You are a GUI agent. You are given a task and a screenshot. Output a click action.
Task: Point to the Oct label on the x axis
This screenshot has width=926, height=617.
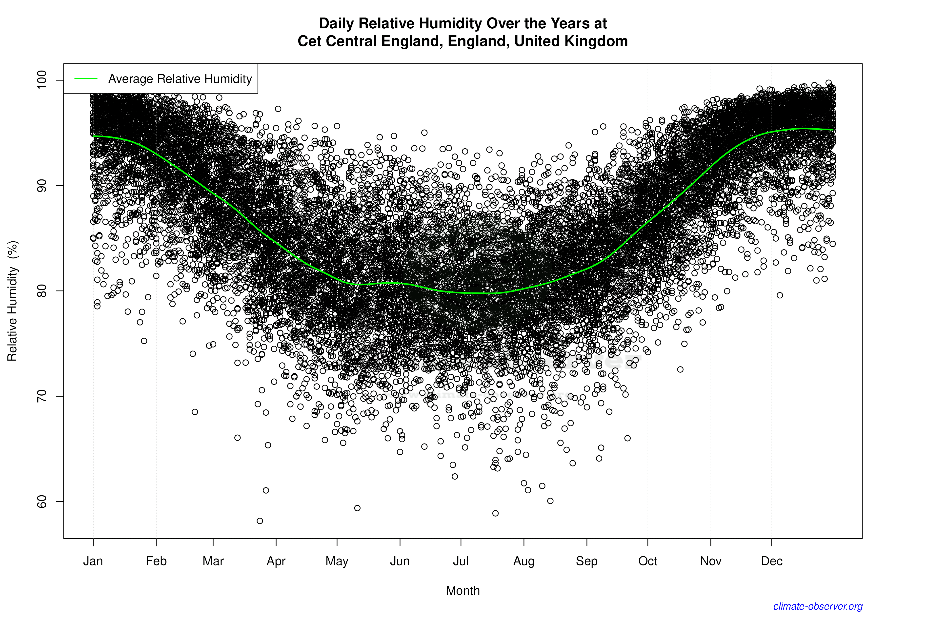[648, 561]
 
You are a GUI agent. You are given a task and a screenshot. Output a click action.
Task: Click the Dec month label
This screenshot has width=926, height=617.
[772, 561]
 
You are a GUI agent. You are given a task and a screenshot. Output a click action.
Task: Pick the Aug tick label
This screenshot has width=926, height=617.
[524, 561]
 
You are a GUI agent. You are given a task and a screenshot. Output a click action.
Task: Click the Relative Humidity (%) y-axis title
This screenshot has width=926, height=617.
[13, 301]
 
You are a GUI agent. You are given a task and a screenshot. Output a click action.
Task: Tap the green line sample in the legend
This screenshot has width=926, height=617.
[86, 79]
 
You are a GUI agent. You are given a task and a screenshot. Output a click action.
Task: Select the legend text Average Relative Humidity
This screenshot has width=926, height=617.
[180, 79]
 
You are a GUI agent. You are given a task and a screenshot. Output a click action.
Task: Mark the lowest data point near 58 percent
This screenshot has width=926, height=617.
[260, 521]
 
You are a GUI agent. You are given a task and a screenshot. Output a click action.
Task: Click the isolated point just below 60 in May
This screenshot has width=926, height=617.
[357, 508]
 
